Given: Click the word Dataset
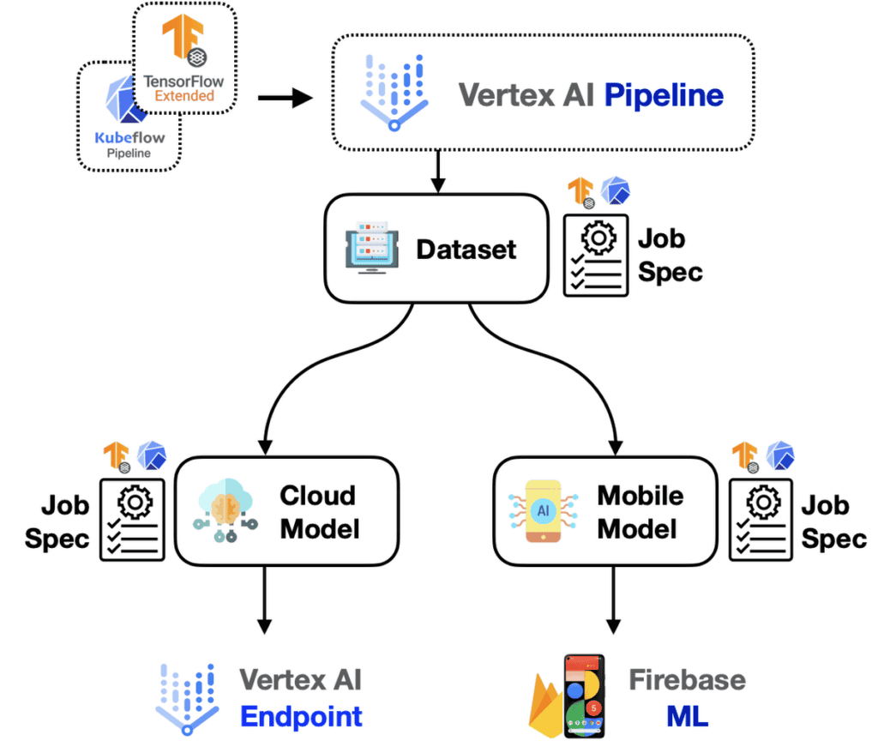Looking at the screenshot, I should point(466,250).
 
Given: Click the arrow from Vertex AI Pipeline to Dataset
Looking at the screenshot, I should point(438,172).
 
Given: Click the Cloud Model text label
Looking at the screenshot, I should point(317,511).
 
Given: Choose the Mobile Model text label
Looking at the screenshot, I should point(640,511).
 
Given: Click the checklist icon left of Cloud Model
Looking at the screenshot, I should point(133,520).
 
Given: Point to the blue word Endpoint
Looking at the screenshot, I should point(301,716).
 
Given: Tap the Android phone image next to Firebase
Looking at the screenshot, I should point(584,696).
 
